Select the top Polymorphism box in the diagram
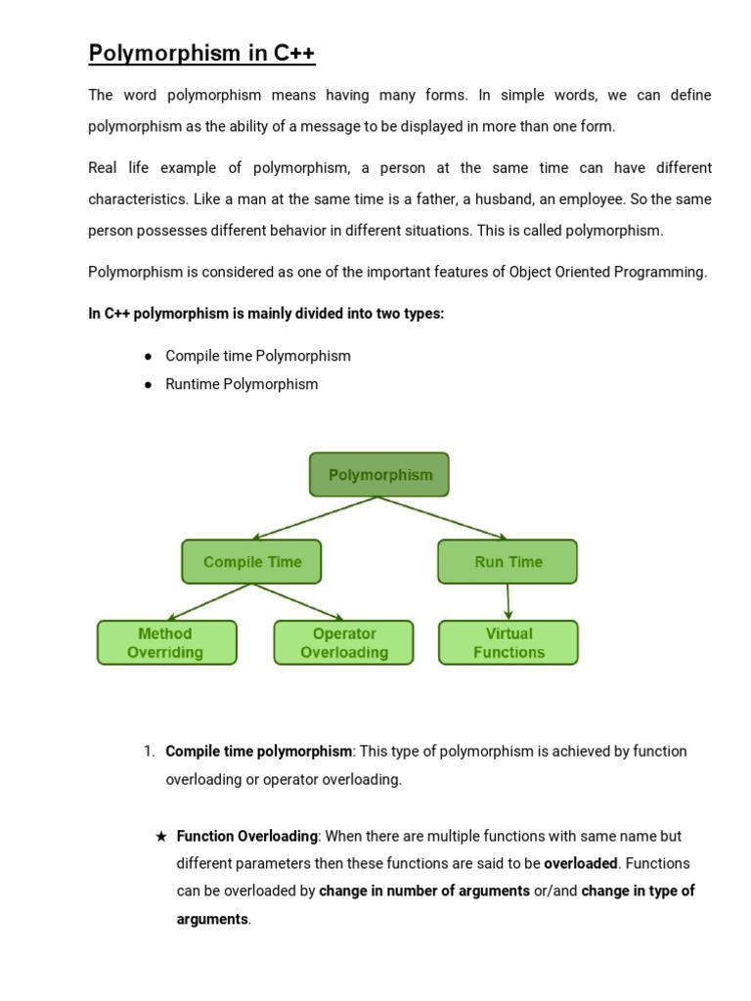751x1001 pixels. [x=379, y=475]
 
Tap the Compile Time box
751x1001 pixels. [x=251, y=562]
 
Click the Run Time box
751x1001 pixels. [x=508, y=562]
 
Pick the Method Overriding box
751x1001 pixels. [x=166, y=643]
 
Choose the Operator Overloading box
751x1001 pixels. [x=344, y=643]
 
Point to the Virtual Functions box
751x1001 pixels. [x=508, y=643]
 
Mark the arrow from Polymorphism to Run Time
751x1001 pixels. [x=443, y=518]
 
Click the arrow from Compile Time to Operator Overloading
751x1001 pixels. [x=299, y=603]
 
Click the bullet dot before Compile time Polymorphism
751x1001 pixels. [x=148, y=357]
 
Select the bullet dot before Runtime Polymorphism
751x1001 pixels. [x=148, y=385]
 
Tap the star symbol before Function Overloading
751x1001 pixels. [x=161, y=837]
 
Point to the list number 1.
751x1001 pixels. [x=149, y=752]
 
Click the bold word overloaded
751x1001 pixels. [x=581, y=864]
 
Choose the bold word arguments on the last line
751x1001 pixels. [x=212, y=920]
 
